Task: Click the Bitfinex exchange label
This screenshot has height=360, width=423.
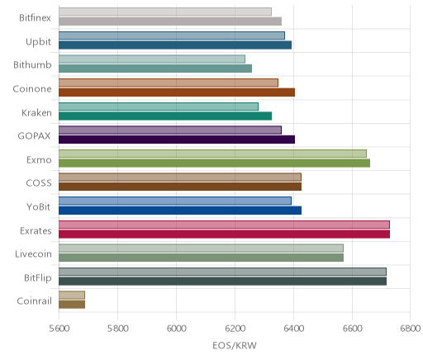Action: pyautogui.click(x=35, y=17)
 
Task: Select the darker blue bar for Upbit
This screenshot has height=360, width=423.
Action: pyautogui.click(x=175, y=45)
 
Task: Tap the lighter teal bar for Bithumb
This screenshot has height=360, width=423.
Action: pyautogui.click(x=152, y=59)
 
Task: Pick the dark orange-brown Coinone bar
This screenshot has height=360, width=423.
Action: pyautogui.click(x=177, y=92)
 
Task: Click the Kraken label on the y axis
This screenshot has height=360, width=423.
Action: pyautogui.click(x=36, y=112)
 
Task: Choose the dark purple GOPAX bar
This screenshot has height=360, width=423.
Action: pyautogui.click(x=177, y=140)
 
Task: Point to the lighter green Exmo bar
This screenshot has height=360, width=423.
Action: pyautogui.click(x=212, y=154)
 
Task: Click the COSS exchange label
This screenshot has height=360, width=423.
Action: pyautogui.click(x=39, y=183)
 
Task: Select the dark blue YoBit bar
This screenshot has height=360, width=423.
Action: pyautogui.click(x=180, y=211)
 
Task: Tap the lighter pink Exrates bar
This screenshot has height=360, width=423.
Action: pyautogui.click(x=224, y=225)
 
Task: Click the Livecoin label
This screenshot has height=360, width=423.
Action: pyautogui.click(x=33, y=253)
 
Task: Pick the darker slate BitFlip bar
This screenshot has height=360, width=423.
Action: pyautogui.click(x=222, y=282)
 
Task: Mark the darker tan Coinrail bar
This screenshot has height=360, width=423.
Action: pyautogui.click(x=72, y=305)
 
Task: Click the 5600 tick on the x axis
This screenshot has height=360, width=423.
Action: pyautogui.click(x=59, y=329)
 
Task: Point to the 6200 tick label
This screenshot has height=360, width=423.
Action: pyautogui.click(x=235, y=329)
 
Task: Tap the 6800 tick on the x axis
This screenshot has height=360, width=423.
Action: pyautogui.click(x=411, y=329)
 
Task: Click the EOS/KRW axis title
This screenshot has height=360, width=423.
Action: pyautogui.click(x=235, y=345)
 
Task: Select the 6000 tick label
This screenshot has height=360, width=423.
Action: pyautogui.click(x=176, y=329)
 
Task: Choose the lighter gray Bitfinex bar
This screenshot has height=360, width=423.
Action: pyautogui.click(x=165, y=12)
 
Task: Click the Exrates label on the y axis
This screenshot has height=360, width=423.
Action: pyautogui.click(x=36, y=230)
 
